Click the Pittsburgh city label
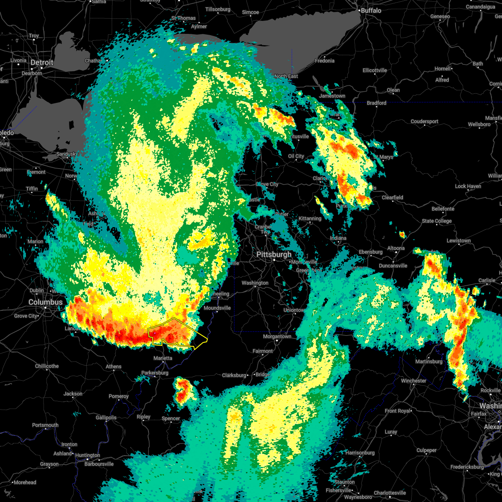274,254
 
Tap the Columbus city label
45,302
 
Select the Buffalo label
371,10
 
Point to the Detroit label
42,62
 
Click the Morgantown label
277,336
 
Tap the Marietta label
163,358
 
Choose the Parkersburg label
155,373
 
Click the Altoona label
396,248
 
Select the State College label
437,221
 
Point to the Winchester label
414,381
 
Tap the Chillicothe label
47,366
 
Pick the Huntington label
88,455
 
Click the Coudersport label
424,121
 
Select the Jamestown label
333,96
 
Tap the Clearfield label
392,197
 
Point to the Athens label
113,366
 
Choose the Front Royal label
397,411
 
